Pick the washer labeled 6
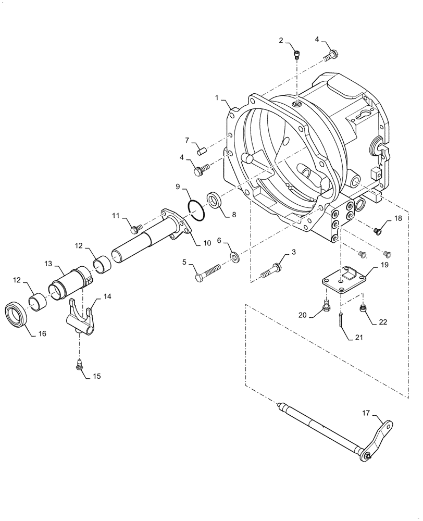click(x=235, y=256)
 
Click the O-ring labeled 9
click(x=196, y=208)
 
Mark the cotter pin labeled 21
click(x=340, y=320)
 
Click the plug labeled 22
click(x=364, y=311)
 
